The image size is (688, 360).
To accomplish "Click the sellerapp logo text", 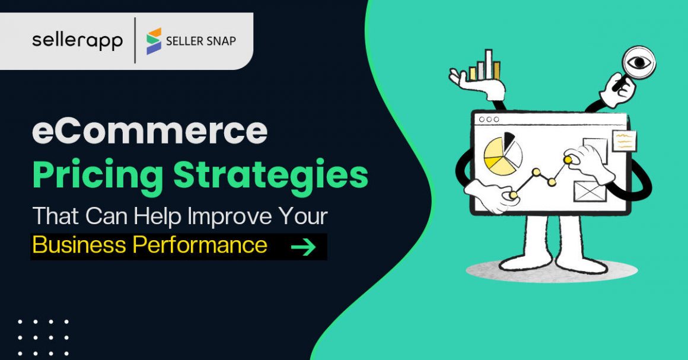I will click(77, 40).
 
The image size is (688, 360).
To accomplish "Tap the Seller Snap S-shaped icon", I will click(154, 40).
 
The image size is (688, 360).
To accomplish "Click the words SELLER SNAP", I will click(200, 41).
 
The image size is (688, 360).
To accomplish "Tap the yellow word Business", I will click(79, 245).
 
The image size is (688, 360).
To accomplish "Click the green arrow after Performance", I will click(303, 246).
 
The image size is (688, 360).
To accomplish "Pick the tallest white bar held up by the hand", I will click(489, 63).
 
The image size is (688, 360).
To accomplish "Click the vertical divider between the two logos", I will click(135, 40).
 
